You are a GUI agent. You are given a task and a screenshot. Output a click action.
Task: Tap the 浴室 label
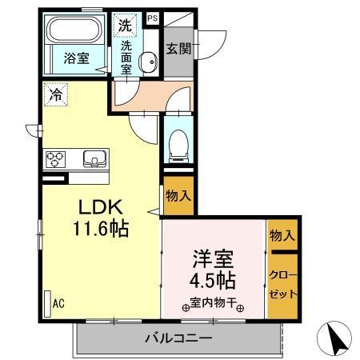click(76, 58)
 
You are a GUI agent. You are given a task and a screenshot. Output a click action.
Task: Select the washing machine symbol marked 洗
click(126, 24)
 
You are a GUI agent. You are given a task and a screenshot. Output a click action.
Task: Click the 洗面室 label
click(126, 58)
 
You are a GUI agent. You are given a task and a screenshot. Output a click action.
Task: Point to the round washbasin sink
click(149, 62)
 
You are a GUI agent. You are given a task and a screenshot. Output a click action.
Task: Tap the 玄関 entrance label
click(178, 48)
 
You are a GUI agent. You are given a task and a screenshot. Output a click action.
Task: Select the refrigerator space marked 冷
click(55, 93)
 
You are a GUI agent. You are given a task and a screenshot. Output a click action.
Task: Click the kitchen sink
click(94, 159)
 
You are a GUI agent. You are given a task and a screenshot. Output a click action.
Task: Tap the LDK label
click(102, 206)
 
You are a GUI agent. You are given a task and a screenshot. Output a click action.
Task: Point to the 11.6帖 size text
click(102, 228)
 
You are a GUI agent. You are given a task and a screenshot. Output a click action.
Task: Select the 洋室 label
click(212, 259)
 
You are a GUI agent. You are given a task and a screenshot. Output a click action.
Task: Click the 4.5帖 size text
click(212, 281)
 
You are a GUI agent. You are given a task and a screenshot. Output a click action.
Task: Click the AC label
click(58, 304)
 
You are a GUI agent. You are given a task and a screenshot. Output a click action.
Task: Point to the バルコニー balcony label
click(178, 338)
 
